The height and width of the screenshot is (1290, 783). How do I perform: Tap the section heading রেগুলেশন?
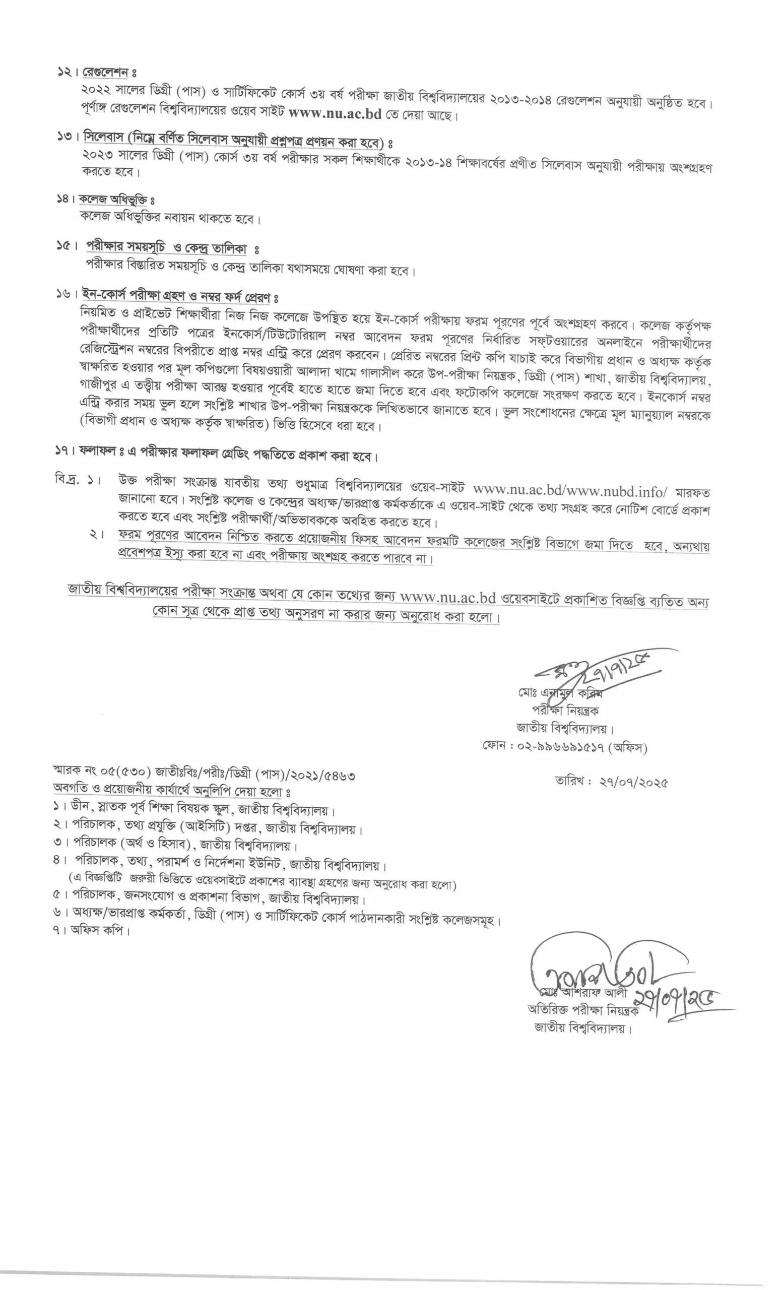point(106,73)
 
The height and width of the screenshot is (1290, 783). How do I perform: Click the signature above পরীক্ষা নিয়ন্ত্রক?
point(597,670)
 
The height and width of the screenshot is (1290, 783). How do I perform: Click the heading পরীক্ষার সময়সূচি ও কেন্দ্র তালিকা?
point(166,247)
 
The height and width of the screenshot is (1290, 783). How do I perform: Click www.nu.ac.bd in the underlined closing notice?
point(447,597)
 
